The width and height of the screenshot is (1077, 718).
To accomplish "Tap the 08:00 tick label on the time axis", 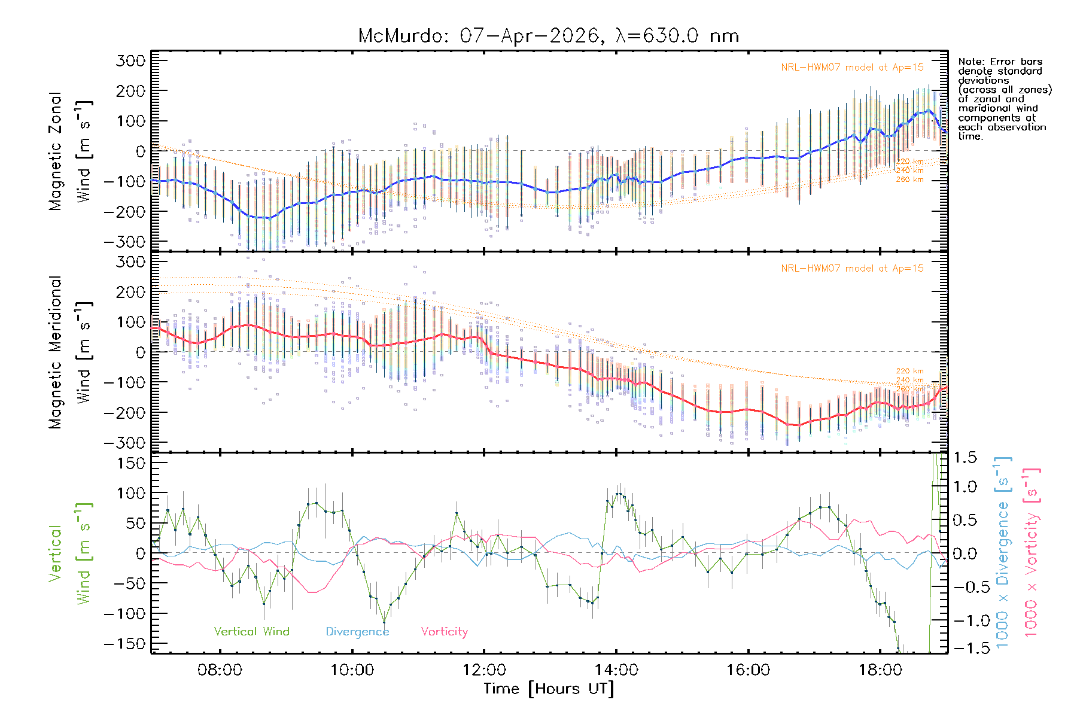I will (x=220, y=670).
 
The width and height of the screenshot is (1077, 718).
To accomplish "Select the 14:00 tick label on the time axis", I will (x=616, y=670).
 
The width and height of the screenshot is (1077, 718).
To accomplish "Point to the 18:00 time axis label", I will (x=880, y=670).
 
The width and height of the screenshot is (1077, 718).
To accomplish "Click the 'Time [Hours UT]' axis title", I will (x=549, y=689).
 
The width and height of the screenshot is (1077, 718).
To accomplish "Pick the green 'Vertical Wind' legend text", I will (x=251, y=631).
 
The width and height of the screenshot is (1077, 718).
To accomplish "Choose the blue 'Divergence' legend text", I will (x=357, y=631).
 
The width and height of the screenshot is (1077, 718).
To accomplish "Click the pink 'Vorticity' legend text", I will (x=444, y=631).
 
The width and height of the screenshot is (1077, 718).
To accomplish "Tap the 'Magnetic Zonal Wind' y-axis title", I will (x=71, y=151).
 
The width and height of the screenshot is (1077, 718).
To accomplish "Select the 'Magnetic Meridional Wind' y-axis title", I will (x=71, y=352).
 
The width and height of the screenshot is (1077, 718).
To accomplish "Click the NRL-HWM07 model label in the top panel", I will (x=852, y=68).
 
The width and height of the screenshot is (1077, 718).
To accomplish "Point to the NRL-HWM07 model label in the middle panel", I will (x=852, y=269).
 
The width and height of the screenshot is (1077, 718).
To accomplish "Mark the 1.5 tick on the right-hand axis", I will (x=965, y=458).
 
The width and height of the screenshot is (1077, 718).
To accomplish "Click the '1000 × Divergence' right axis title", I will (x=1003, y=552).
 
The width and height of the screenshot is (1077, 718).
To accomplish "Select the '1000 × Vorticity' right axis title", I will (x=1032, y=552).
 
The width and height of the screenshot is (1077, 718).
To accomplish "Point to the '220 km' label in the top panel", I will (x=909, y=162).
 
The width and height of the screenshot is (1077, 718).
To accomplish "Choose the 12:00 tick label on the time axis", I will (x=484, y=670).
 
